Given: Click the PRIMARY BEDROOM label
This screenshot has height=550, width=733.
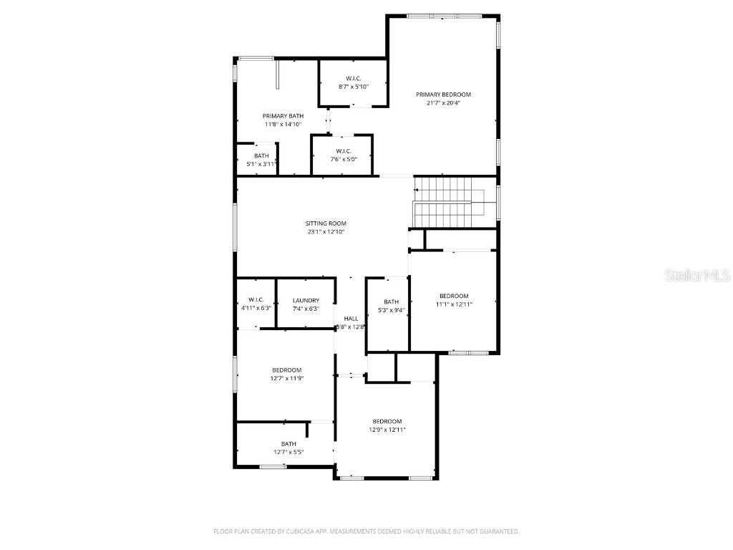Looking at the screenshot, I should click(444, 95).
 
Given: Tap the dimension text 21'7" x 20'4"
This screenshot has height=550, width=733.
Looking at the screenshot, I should click(444, 102).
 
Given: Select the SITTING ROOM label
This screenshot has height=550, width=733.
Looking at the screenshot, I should click(326, 223).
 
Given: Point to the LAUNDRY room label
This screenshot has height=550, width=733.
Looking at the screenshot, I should click(306, 301).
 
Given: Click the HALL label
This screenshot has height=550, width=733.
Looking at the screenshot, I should click(351, 319).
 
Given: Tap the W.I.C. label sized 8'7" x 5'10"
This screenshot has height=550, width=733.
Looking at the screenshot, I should click(354, 78).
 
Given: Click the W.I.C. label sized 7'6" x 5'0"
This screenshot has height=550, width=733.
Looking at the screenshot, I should click(343, 150).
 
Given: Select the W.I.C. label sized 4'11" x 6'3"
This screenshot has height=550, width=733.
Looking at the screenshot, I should click(256, 299).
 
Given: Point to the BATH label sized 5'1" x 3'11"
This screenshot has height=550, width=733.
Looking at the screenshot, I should click(261, 156).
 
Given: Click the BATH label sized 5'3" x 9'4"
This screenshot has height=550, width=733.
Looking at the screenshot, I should click(391, 302).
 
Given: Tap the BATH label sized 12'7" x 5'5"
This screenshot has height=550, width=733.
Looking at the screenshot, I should click(288, 444).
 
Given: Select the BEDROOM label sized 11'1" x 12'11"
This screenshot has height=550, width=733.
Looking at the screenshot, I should click(454, 296).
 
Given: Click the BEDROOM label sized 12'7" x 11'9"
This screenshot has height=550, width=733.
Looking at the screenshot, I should click(286, 370).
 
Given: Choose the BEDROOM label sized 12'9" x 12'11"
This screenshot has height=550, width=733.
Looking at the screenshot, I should click(387, 421).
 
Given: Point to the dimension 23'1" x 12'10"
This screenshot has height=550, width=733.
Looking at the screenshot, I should click(326, 232).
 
